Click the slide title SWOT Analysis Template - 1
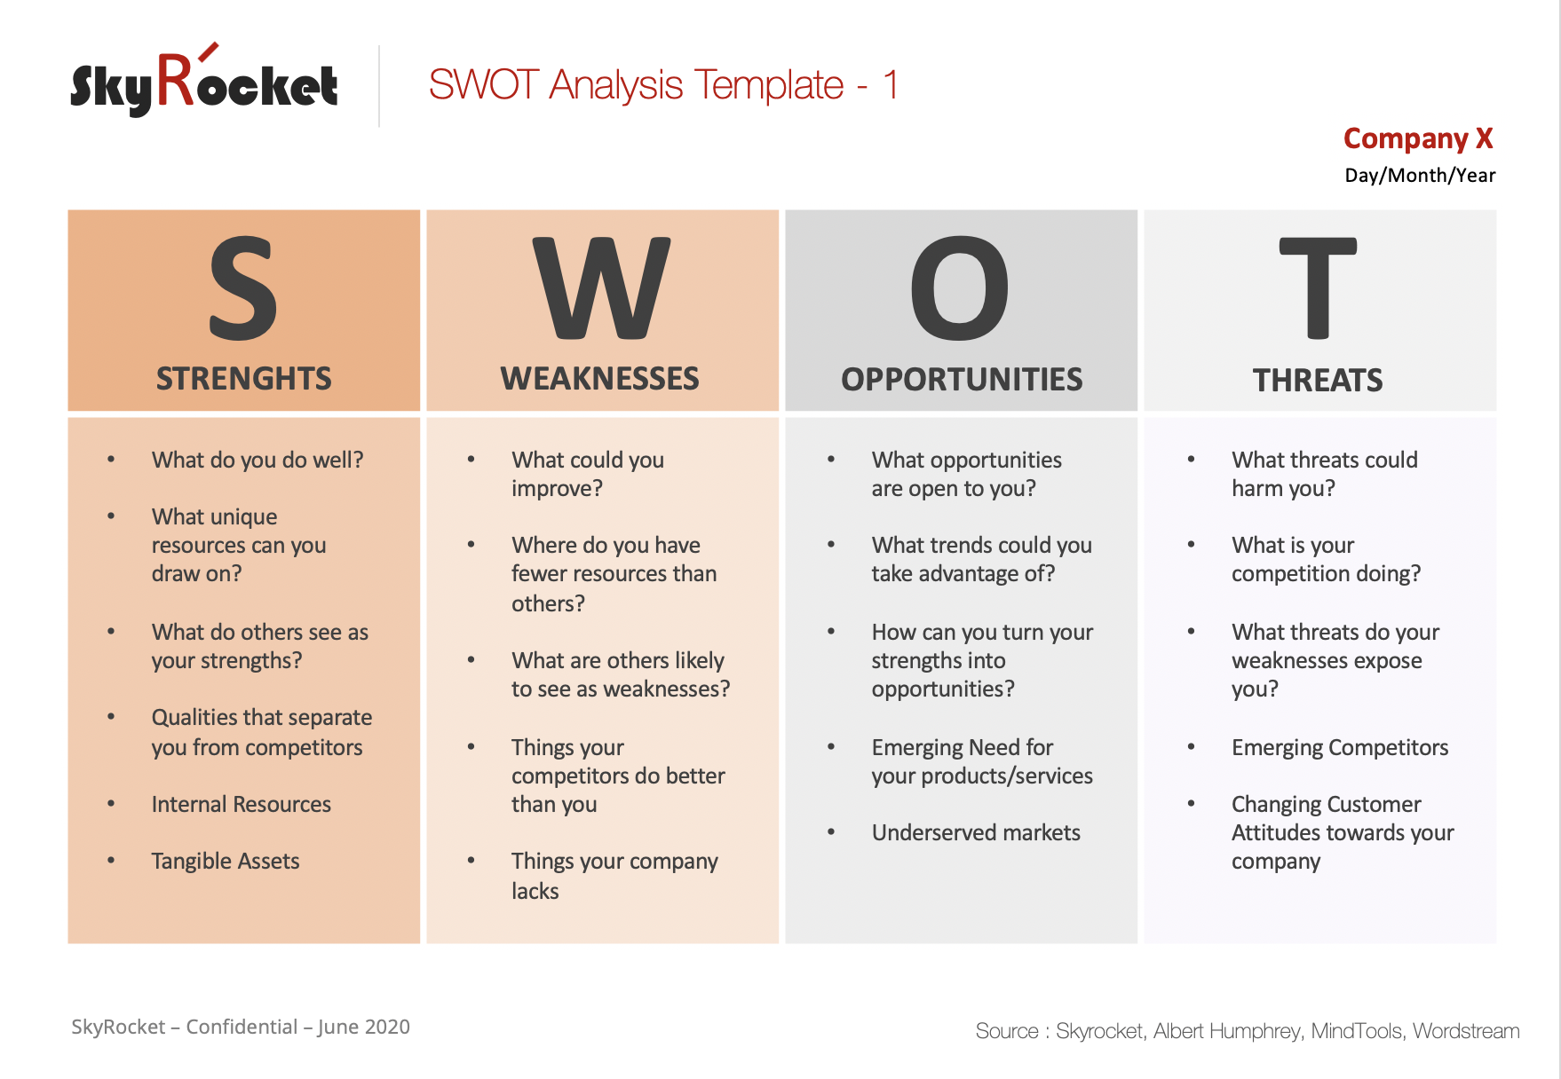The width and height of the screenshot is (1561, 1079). click(x=662, y=85)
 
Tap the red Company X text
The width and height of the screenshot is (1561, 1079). click(x=1417, y=138)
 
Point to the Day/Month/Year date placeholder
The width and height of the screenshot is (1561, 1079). click(x=1419, y=176)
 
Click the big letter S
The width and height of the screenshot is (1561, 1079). click(x=243, y=288)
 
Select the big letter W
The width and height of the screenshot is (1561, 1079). click(x=601, y=288)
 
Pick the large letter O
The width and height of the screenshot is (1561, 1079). click(x=960, y=288)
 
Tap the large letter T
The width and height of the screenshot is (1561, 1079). click(x=1318, y=288)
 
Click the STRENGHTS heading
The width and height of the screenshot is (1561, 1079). click(x=243, y=379)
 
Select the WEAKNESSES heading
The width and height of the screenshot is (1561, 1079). click(x=599, y=379)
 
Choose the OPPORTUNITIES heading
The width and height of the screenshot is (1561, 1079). click(x=962, y=380)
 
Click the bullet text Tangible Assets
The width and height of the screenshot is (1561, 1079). click(x=226, y=861)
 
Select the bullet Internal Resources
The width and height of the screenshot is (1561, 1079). click(x=241, y=804)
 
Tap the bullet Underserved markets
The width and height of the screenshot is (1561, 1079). click(x=975, y=832)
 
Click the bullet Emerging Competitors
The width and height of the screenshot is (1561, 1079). click(x=1339, y=747)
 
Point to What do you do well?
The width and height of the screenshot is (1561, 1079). click(x=258, y=460)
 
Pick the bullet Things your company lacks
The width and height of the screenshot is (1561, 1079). click(x=614, y=875)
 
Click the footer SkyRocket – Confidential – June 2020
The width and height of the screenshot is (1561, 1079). click(x=241, y=1027)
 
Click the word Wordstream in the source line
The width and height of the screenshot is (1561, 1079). click(x=1466, y=1031)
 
